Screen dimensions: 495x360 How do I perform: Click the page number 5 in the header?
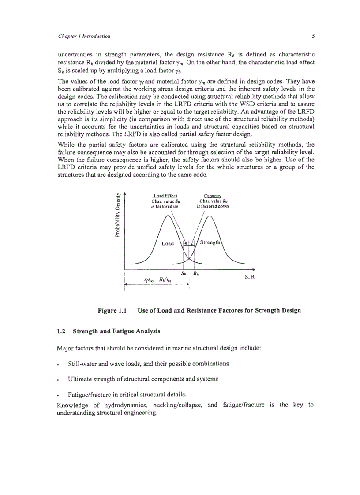click(312, 36)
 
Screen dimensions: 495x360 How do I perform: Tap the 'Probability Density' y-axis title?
click(118, 216)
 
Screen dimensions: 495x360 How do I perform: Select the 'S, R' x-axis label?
click(250, 277)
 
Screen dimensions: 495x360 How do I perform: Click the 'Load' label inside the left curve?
click(168, 243)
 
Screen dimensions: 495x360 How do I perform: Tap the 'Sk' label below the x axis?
click(184, 273)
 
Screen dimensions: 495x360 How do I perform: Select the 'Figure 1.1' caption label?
click(112, 310)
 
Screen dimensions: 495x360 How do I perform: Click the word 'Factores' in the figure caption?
click(219, 310)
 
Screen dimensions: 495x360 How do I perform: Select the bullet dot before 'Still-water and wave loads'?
click(59, 365)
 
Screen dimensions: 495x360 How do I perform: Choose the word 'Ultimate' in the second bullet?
click(81, 379)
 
